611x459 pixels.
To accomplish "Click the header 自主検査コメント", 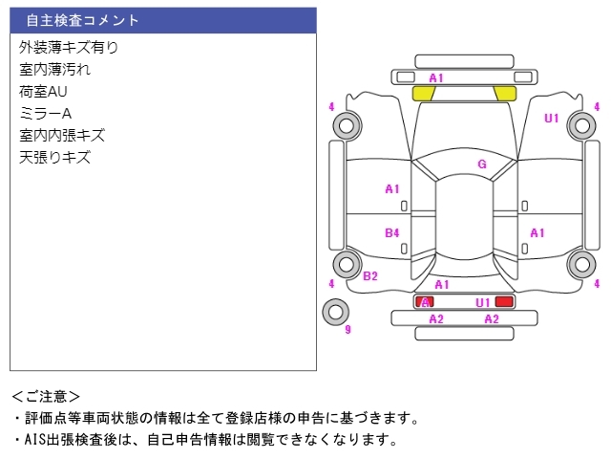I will coord(82,20).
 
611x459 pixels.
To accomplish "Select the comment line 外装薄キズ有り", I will coord(69,47).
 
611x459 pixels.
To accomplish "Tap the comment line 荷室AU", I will coord(43,91).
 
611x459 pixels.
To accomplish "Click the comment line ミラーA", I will coord(46,113).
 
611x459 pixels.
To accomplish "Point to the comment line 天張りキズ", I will coord(54,157).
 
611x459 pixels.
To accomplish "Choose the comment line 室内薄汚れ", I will coord(55,69).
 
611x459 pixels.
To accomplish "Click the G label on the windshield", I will coord(482,164).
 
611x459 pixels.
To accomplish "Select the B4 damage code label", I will coord(392,232).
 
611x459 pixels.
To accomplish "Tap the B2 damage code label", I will coord(370,276).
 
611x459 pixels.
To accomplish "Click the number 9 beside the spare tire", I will coord(348,330).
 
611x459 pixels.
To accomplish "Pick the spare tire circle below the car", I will coord(335,311).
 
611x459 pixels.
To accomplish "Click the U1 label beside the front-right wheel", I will coord(552,119).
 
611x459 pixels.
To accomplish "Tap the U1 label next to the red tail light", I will coord(483,302).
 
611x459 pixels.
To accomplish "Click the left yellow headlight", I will coord(424,93).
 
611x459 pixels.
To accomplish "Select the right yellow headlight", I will coord(505,93).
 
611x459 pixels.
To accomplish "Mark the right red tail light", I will coord(504,301).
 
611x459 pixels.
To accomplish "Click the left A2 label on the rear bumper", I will coord(436,318).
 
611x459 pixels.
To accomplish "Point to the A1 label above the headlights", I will coord(436,77).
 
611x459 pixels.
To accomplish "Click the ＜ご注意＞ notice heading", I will coord(46,395).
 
